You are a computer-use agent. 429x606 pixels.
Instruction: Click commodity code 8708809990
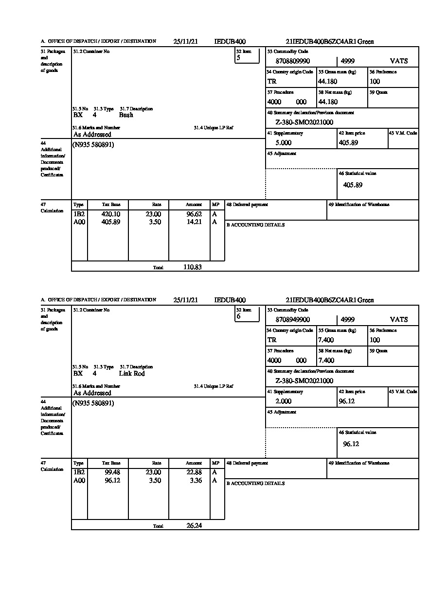click(292, 61)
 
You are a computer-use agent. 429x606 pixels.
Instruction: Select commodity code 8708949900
click(292, 320)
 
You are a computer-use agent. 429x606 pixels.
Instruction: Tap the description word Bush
click(126, 115)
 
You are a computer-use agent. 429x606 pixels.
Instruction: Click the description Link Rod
click(132, 374)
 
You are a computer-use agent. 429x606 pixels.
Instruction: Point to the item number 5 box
click(247, 57)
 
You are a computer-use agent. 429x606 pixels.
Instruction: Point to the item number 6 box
click(247, 315)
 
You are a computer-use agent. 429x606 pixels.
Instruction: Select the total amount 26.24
click(194, 526)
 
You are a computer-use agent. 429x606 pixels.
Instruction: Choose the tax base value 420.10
click(110, 214)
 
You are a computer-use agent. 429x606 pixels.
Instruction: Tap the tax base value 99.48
click(112, 473)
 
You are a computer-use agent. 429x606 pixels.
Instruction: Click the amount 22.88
click(194, 473)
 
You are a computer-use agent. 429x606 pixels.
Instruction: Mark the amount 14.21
click(194, 223)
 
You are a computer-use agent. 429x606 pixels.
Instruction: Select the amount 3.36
click(196, 481)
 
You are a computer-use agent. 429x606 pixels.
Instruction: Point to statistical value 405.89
click(353, 185)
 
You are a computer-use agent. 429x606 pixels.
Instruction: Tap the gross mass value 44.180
click(328, 82)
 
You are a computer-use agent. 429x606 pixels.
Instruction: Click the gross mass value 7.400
click(326, 340)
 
